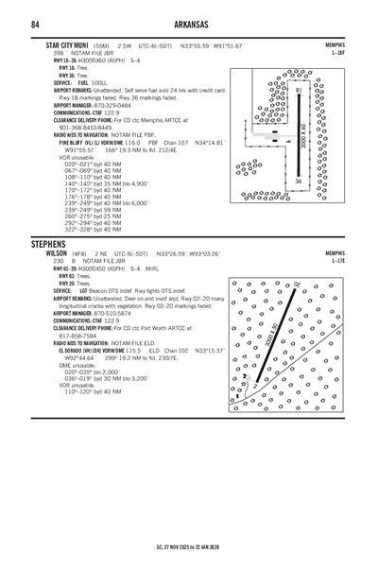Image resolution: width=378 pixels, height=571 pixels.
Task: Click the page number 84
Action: click(34, 23)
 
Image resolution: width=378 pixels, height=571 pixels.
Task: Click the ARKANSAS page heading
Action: click(189, 23)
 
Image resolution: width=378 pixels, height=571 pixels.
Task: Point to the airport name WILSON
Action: click(59, 254)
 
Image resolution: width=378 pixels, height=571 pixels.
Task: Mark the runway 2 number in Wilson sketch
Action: click(254, 385)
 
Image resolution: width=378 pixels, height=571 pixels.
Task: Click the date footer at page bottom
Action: click(189, 545)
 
